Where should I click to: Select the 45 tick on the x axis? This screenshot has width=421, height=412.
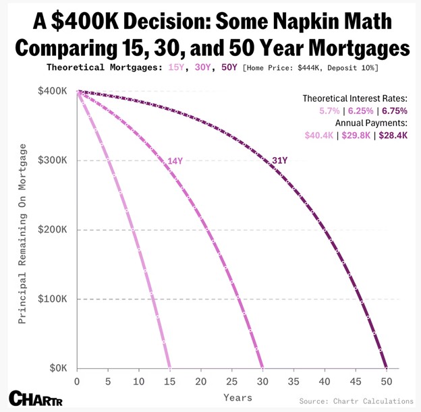tap(355, 380)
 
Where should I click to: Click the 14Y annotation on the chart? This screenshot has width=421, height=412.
tap(175, 160)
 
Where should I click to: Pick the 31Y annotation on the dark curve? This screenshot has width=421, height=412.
tap(279, 160)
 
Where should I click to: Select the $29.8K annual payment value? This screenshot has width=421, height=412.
tap(356, 135)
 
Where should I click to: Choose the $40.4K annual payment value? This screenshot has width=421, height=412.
tap(319, 135)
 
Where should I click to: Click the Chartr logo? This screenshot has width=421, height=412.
tap(35, 397)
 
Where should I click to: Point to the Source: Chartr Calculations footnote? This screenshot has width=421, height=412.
tap(356, 401)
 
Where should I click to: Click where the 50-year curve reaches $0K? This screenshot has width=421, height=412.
tap(386, 368)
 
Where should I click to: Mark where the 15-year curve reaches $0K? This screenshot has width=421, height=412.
tap(169, 368)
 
